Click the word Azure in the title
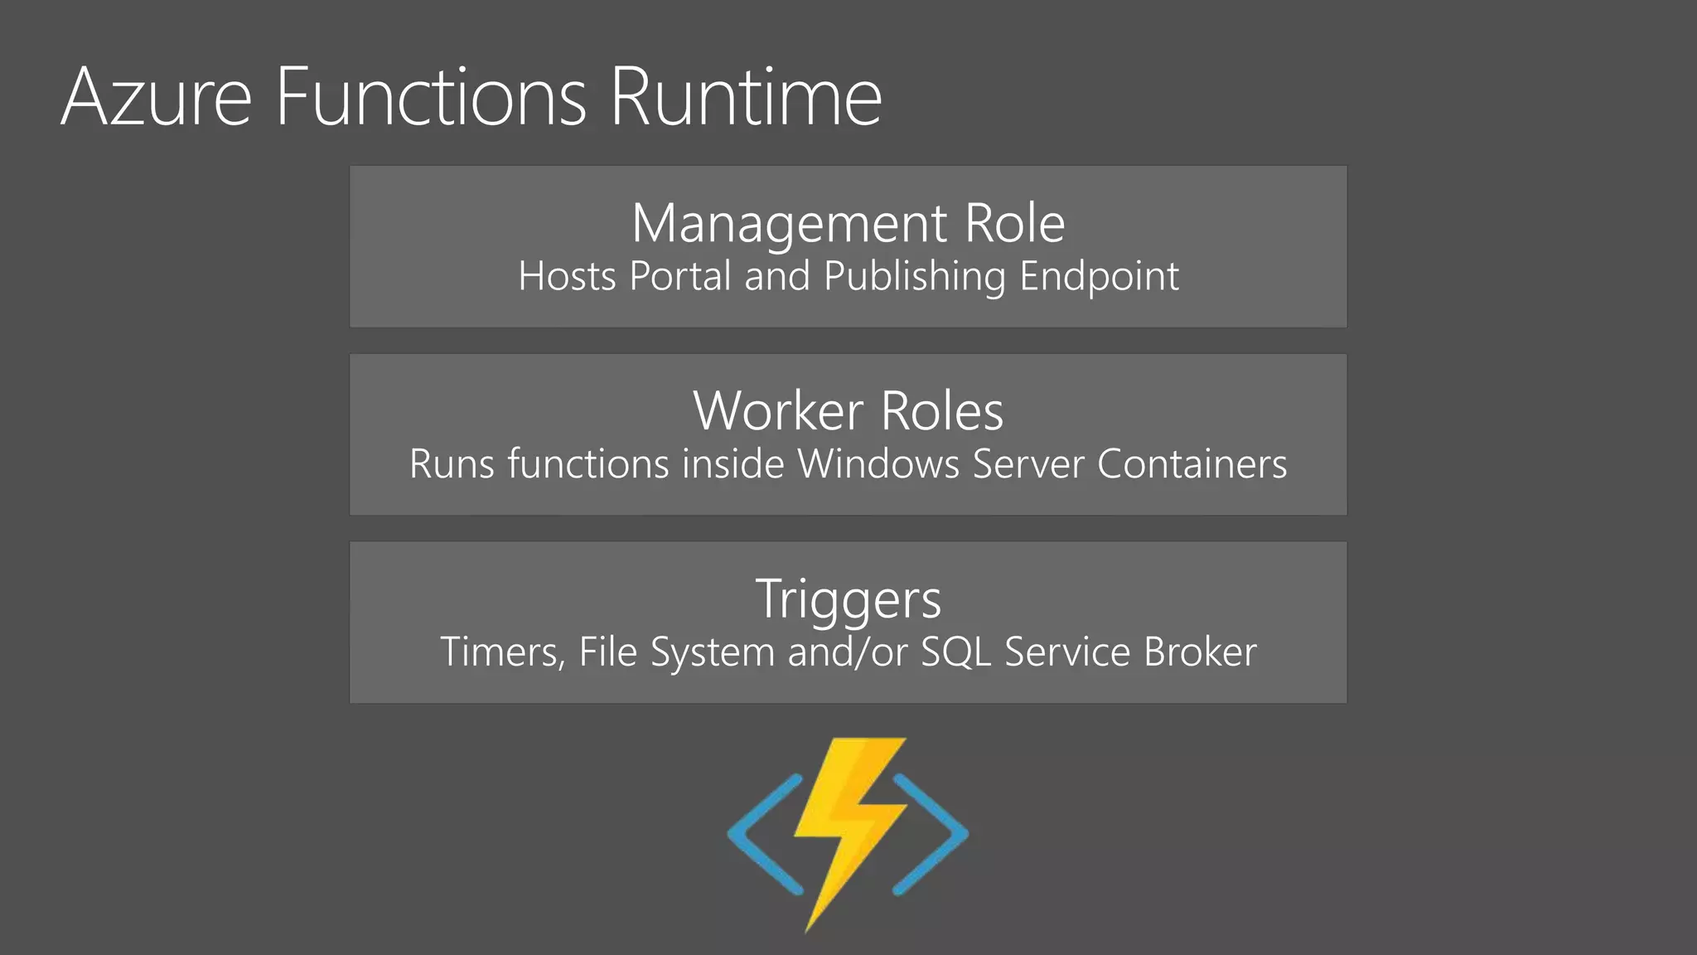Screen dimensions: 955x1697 pos(156,98)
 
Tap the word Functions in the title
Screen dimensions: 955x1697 pos(431,98)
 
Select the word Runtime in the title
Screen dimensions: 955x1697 pos(746,98)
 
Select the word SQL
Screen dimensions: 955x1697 pos(956,652)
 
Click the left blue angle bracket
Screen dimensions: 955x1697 pos(762,834)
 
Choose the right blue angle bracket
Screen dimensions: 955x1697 pos(932,834)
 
